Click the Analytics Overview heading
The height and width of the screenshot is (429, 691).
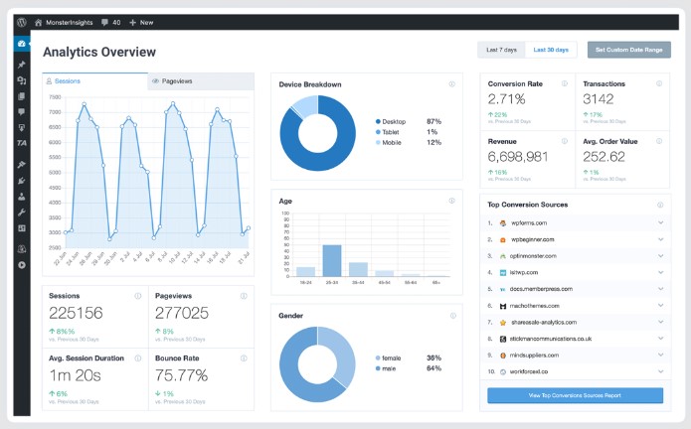(99, 52)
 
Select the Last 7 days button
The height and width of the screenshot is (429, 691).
(501, 50)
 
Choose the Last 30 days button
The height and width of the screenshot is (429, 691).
(551, 50)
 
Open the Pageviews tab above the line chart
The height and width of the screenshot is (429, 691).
(183, 81)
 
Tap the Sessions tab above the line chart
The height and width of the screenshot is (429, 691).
(68, 81)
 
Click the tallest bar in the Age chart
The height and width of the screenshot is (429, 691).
(332, 259)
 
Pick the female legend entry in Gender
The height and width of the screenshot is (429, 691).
(390, 357)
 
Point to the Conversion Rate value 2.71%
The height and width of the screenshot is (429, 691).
(513, 99)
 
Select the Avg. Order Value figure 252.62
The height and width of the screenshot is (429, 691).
(604, 157)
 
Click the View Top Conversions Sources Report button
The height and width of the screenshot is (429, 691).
(575, 395)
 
